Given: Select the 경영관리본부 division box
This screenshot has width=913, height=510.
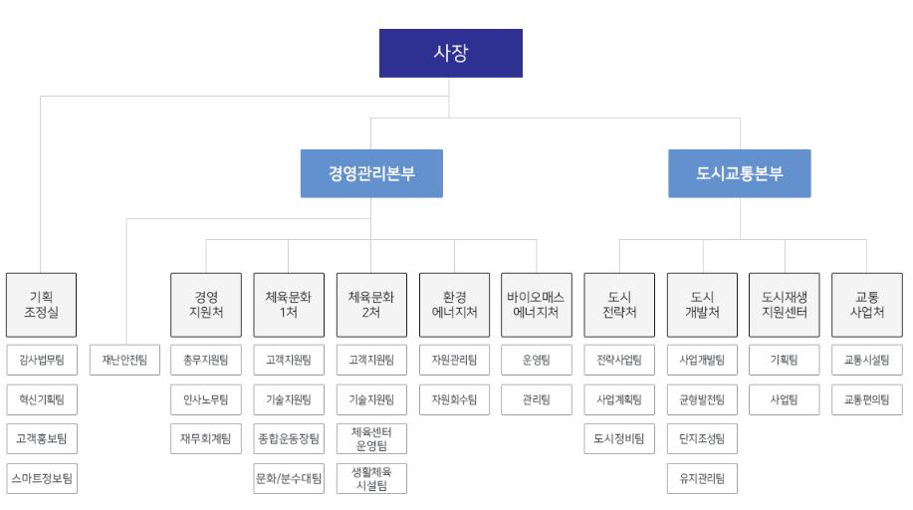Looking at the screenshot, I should tap(371, 173).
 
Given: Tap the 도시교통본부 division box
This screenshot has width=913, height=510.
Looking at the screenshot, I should tap(741, 173).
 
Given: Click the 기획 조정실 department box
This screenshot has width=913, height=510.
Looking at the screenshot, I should tap(41, 303).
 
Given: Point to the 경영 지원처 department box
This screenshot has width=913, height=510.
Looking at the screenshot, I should tap(205, 303).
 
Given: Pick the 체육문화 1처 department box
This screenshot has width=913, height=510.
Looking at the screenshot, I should tap(288, 303).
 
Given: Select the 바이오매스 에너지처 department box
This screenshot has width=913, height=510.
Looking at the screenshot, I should tap(536, 303).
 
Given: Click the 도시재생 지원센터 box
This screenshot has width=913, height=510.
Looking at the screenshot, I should tap(782, 303).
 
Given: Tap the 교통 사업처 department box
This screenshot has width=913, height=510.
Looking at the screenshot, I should tap(866, 303).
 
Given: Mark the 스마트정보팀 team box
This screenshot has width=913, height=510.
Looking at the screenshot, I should tap(41, 477).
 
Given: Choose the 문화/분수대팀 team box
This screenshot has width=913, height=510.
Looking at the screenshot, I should tap(288, 477).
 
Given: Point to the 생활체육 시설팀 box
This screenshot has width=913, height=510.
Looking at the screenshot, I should tap(370, 477).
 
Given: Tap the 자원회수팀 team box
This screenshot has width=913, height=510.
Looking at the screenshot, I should tap(453, 399).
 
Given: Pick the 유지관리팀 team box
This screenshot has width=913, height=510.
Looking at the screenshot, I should tap(701, 477).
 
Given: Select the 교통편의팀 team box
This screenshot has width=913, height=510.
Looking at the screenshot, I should tap(866, 399).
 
